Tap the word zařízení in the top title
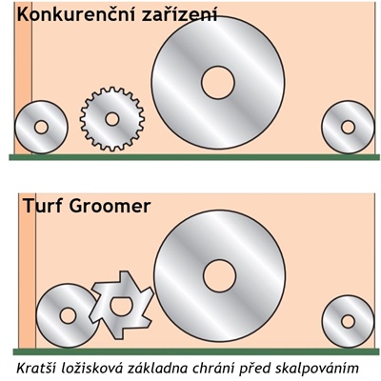tap(180, 14)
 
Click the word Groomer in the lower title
tap(110, 207)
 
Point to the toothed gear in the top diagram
tap(112, 119)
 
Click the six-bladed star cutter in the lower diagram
tap(120, 305)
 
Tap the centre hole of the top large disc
tap(218, 83)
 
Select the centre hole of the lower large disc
tap(220, 275)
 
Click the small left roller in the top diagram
tap(41, 127)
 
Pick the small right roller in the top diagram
tap(348, 127)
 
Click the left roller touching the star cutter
tap(67, 315)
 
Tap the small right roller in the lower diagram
tap(348, 321)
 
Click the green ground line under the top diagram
tap(194, 157)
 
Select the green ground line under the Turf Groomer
tap(197, 351)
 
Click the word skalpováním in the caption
tap(317, 369)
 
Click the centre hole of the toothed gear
tap(112, 119)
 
